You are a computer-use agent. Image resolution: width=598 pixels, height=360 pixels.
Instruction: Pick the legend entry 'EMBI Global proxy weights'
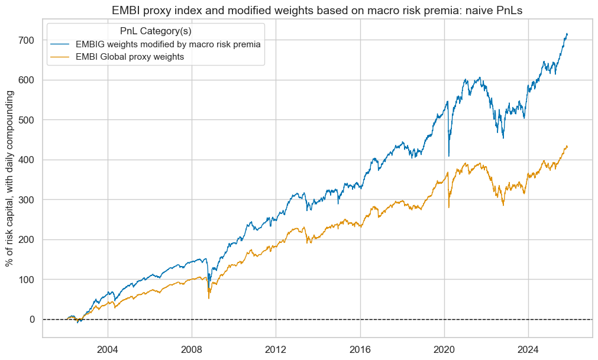134,57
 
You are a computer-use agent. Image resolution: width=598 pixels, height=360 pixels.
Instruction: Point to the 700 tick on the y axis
27,40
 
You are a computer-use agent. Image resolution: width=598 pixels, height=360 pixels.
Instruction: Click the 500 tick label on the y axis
27,120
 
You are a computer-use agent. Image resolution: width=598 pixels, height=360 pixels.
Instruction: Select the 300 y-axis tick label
27,200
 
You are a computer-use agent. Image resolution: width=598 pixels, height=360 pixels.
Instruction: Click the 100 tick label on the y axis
27,280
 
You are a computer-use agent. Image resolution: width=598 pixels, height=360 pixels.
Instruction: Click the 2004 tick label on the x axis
108,348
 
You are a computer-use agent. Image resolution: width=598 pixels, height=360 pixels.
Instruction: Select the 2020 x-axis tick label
444,348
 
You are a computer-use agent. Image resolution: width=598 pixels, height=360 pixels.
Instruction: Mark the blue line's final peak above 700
567,34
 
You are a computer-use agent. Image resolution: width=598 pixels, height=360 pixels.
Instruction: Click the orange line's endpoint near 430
567,146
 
